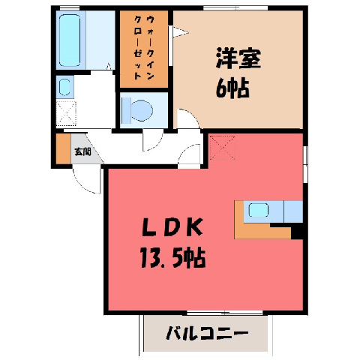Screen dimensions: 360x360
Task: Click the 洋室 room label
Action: pyautogui.click(x=238, y=58)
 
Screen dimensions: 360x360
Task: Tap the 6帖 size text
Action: pyautogui.click(x=232, y=88)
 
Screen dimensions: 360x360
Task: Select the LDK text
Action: pyautogui.click(x=172, y=227)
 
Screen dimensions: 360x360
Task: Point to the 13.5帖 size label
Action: pyautogui.click(x=172, y=257)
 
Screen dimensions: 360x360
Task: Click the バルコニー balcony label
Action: pyautogui.click(x=207, y=334)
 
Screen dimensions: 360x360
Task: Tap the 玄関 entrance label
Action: pyautogui.click(x=82, y=151)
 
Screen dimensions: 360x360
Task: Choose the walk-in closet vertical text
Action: pyautogui.click(x=143, y=47)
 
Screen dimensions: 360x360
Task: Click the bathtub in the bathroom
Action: pyautogui.click(x=70, y=40)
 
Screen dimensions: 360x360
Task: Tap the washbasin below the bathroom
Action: pyautogui.click(x=64, y=87)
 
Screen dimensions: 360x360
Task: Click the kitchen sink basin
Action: pyautogui.click(x=259, y=210)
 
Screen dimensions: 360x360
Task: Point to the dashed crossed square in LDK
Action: pyautogui.click(x=222, y=148)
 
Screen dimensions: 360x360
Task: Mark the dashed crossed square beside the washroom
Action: pyautogui.click(x=66, y=113)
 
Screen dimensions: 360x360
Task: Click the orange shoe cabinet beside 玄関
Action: pyautogui.click(x=63, y=149)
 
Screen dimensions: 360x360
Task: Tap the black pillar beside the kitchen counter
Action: pyautogui.click(x=297, y=232)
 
